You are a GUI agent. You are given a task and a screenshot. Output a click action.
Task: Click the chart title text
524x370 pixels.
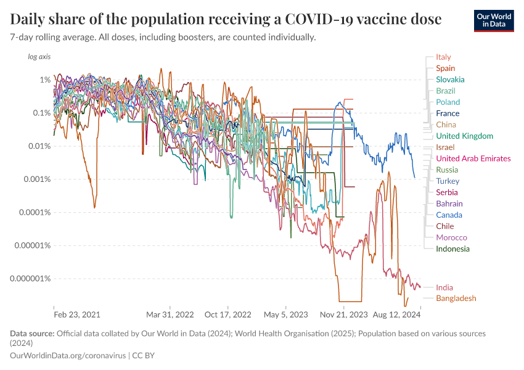(x=226, y=19)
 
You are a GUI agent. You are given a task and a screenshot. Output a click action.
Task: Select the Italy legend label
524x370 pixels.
(x=443, y=57)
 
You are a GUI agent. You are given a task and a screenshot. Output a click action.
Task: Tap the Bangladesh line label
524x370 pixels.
(x=456, y=298)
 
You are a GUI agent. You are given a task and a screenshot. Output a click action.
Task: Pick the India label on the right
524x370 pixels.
(x=444, y=287)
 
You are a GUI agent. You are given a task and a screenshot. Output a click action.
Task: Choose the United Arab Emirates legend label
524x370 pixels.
(x=473, y=158)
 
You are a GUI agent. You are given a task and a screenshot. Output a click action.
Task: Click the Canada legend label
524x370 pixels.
(x=449, y=215)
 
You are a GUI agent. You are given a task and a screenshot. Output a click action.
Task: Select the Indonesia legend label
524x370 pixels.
(x=452, y=249)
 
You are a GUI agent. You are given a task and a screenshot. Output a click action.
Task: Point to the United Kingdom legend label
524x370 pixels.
(x=464, y=136)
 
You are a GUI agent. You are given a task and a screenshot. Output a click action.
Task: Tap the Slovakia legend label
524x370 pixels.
(x=450, y=80)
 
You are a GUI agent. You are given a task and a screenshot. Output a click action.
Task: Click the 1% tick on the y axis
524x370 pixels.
(x=45, y=80)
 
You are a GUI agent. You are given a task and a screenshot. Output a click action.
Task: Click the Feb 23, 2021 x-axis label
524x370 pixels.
(x=77, y=314)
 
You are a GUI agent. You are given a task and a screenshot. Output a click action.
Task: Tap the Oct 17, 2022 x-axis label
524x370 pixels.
(x=229, y=314)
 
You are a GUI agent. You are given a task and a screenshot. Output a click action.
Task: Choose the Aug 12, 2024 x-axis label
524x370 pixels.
(x=396, y=314)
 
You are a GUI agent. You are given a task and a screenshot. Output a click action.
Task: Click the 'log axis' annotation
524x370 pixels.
(x=39, y=57)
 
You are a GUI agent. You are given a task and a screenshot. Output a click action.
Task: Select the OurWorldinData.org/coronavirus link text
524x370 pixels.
(x=68, y=356)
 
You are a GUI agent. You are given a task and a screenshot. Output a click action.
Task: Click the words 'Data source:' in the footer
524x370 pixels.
(x=32, y=334)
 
